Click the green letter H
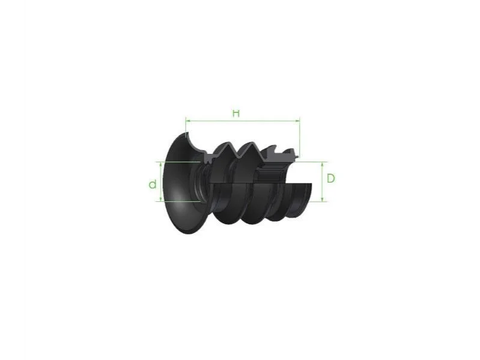[236, 113]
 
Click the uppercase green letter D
[330, 178]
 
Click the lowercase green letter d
[153, 184]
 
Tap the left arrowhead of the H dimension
[188, 121]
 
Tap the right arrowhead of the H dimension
[297, 121]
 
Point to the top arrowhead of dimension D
[322, 165]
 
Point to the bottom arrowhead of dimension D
[322, 200]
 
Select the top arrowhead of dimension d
[161, 164]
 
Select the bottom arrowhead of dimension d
[161, 199]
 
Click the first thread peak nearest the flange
[227, 143]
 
